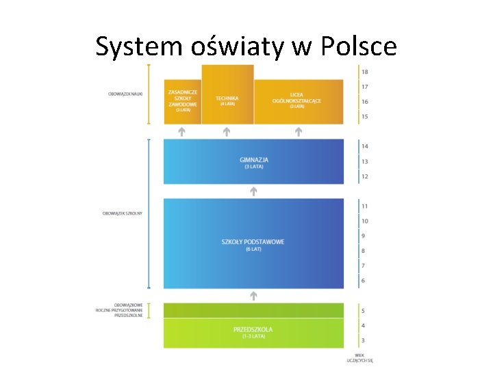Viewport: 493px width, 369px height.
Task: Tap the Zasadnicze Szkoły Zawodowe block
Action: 182,100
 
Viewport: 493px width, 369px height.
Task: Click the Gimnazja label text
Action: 253,159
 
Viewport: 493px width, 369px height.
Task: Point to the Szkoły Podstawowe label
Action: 253,242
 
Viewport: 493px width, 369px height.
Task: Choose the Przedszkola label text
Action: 253,329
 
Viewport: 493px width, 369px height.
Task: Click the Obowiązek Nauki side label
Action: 125,94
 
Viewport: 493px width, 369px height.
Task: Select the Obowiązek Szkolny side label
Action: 123,214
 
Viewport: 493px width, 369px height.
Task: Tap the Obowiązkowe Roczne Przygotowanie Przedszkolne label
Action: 120,310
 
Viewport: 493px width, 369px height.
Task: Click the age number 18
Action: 365,72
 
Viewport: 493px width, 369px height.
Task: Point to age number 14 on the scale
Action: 365,146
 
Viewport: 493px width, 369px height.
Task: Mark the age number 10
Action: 365,221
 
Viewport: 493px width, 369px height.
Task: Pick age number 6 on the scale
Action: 363,281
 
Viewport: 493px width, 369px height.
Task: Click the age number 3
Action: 363,340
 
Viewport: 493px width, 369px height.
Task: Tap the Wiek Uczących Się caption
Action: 359,357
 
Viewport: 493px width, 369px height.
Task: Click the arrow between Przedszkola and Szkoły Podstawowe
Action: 253,296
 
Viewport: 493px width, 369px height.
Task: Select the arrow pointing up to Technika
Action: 227,131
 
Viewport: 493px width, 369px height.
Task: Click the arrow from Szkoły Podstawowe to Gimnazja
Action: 253,192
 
